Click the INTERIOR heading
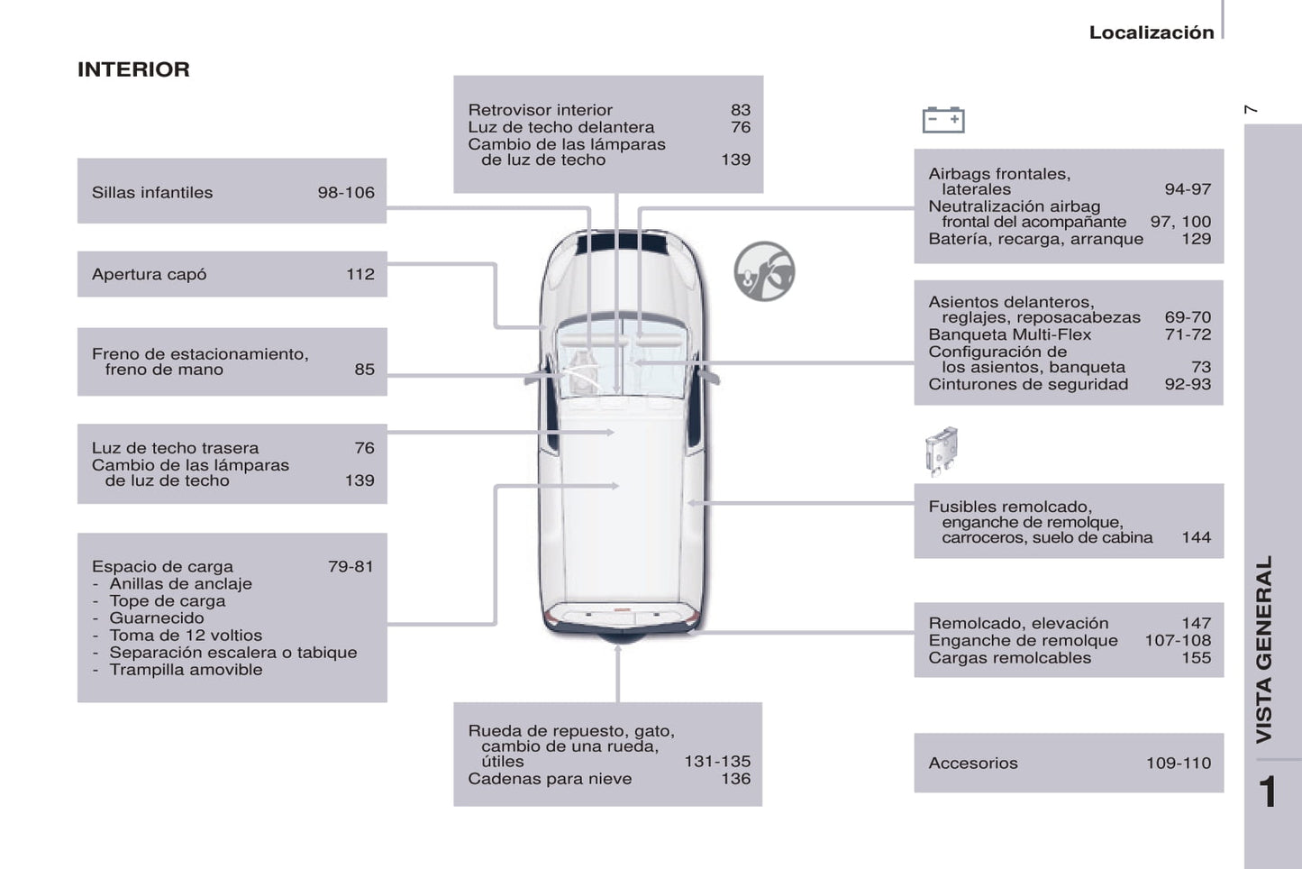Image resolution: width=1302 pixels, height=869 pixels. pyautogui.click(x=133, y=69)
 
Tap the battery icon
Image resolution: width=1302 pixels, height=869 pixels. pyautogui.click(x=943, y=120)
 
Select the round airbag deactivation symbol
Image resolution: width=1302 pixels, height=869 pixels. pyautogui.click(x=764, y=271)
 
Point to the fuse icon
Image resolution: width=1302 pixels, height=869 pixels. pyautogui.click(x=942, y=452)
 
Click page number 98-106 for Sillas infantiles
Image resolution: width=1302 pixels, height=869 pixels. pyautogui.click(x=346, y=193)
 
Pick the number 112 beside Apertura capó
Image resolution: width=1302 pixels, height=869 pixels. pyautogui.click(x=360, y=274)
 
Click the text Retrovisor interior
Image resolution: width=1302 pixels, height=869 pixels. pyautogui.click(x=540, y=110)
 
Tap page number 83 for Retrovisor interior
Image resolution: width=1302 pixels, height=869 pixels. pyautogui.click(x=741, y=110)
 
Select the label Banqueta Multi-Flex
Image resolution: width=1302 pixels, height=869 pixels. pyautogui.click(x=1010, y=334)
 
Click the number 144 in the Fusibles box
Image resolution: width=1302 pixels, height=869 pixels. pyautogui.click(x=1197, y=537)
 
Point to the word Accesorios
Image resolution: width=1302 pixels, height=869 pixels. pyautogui.click(x=973, y=764)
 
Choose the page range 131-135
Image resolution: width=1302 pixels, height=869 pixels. pyautogui.click(x=717, y=762)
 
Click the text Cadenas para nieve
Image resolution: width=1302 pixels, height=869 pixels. pyautogui.click(x=550, y=779)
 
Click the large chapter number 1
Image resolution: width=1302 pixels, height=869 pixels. pyautogui.click(x=1268, y=791)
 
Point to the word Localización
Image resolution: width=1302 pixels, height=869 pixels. pyautogui.click(x=1152, y=32)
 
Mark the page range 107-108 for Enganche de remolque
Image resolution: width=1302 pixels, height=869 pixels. pyautogui.click(x=1178, y=640)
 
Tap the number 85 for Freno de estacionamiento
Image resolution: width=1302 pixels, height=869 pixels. pyautogui.click(x=364, y=370)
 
